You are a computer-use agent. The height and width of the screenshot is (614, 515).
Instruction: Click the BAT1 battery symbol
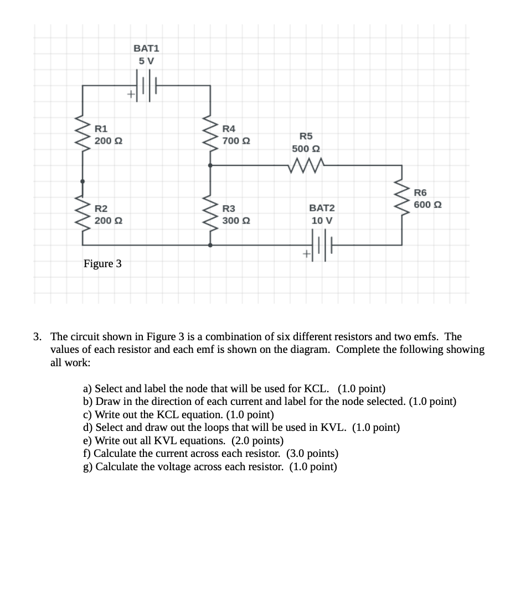147,86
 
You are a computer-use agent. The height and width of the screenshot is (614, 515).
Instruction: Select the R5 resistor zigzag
306,164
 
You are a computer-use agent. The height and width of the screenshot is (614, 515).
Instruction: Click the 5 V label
147,61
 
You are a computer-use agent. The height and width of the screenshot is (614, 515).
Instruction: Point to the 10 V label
322,220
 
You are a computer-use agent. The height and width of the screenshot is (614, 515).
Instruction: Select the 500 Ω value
306,149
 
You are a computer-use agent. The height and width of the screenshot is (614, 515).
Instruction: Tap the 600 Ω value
428,205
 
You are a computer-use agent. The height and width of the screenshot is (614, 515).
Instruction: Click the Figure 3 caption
102,263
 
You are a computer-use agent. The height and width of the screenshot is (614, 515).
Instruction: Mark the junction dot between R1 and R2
83,181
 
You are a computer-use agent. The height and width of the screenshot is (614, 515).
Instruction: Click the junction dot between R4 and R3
210,165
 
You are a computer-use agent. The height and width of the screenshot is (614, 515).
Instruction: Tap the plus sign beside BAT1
131,95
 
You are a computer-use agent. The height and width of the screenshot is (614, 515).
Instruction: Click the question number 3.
37,336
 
